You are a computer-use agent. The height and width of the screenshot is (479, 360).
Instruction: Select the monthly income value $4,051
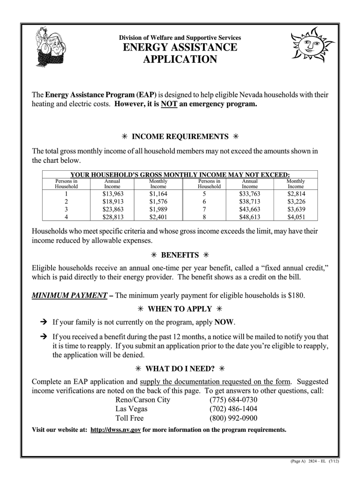295,217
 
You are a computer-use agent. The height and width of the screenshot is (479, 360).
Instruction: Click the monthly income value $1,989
158,209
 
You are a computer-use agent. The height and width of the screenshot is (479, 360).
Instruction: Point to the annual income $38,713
249,202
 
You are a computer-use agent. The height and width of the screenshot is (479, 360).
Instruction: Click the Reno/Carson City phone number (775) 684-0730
233,400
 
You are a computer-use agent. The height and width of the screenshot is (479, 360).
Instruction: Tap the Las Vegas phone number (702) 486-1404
233,409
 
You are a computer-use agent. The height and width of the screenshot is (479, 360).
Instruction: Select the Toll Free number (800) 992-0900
233,418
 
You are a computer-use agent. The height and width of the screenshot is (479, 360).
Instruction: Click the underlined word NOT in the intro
168,104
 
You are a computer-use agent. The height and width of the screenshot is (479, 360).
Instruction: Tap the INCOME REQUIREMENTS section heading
180,137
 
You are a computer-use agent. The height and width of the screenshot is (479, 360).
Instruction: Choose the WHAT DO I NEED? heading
180,368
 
